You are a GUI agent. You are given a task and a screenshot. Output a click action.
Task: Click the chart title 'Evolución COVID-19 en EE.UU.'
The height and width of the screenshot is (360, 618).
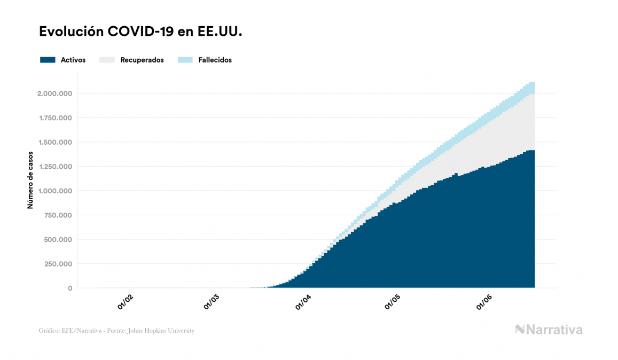tap(140, 32)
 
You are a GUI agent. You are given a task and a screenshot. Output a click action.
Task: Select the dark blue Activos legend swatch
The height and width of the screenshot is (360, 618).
tap(48, 60)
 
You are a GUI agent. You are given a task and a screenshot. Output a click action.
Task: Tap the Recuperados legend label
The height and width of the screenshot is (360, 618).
tap(142, 60)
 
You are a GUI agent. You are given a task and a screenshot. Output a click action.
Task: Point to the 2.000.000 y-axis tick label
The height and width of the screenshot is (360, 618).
tap(54, 93)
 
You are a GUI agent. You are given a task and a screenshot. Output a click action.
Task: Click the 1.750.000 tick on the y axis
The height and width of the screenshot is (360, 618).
tap(54, 118)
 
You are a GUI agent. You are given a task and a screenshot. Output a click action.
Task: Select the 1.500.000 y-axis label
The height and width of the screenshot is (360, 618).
tap(54, 142)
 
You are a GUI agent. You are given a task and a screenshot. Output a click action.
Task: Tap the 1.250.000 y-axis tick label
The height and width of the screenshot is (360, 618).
tap(54, 167)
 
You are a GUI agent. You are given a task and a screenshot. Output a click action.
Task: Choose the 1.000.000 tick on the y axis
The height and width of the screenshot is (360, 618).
tap(54, 191)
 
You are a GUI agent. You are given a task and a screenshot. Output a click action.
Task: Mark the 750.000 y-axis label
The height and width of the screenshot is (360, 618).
tap(58, 215)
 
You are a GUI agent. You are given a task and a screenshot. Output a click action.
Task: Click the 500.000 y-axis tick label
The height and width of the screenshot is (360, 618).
tap(58, 239)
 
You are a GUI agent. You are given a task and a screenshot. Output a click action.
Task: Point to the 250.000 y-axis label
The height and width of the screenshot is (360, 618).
tap(58, 264)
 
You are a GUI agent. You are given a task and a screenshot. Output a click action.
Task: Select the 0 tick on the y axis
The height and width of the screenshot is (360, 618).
tap(70, 288)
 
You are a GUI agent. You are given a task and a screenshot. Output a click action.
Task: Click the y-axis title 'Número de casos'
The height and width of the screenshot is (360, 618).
tap(30, 179)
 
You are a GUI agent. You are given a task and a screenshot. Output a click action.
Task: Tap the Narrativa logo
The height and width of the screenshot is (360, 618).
tap(549, 330)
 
